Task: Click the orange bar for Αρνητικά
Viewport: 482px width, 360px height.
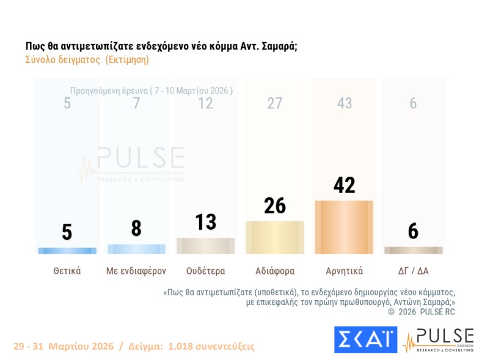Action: pos(344,227)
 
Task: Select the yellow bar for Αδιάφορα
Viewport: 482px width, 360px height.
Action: pos(275,237)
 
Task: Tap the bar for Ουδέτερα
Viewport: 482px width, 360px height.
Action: pos(205,246)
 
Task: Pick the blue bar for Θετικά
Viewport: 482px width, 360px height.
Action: pos(67,251)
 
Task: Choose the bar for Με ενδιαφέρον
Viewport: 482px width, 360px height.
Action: pos(136,249)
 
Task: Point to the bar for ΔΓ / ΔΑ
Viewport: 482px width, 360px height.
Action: pos(413,250)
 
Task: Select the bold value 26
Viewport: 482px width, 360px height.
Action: pos(275,206)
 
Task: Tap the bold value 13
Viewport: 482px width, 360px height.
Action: pos(205,222)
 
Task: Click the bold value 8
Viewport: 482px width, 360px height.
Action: pos(136,228)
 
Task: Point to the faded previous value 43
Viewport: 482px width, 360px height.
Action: pos(344,103)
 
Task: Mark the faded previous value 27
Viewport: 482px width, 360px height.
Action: pos(275,103)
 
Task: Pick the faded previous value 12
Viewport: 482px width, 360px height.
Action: pos(205,103)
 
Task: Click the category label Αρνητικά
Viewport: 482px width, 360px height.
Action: pos(344,270)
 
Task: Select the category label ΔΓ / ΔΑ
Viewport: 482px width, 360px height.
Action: pos(413,270)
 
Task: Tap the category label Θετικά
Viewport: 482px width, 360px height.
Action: pos(67,270)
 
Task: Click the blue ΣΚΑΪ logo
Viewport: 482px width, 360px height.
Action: pos(365,340)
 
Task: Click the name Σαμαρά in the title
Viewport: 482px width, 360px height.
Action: pos(279,46)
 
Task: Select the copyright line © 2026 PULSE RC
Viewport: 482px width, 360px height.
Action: pos(421,312)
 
